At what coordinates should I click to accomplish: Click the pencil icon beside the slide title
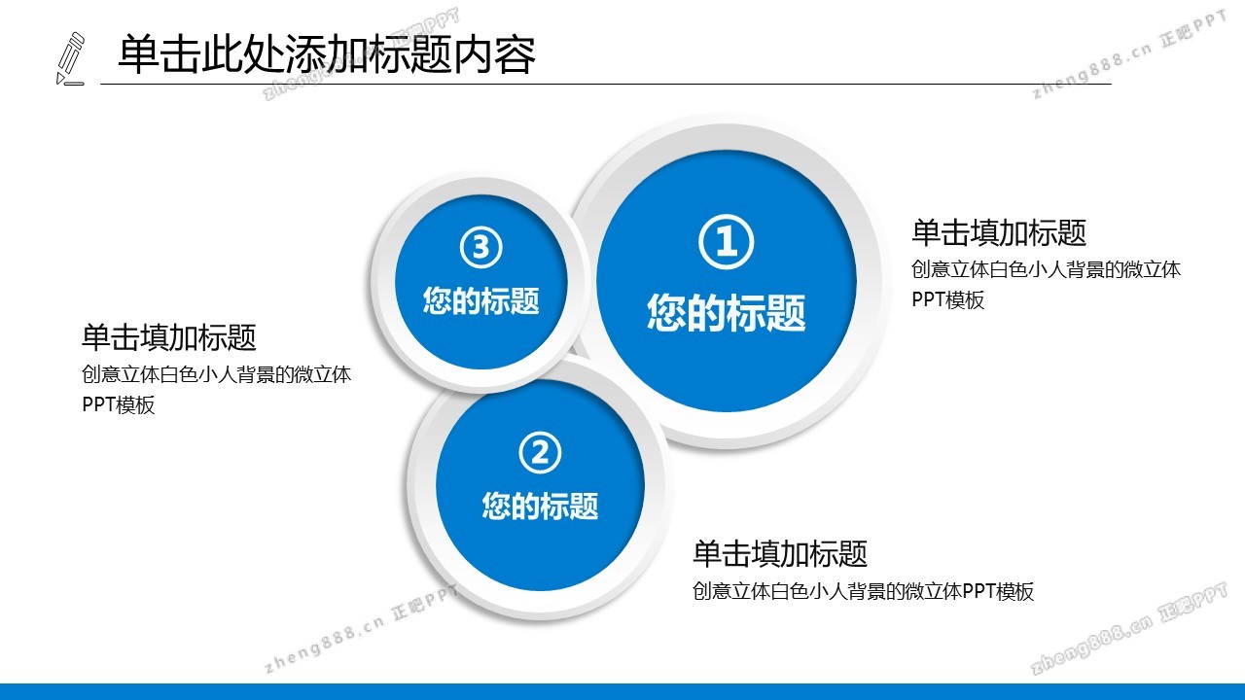click(x=71, y=59)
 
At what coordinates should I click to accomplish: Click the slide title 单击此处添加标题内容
click(x=327, y=54)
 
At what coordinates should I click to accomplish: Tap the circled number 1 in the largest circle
click(x=726, y=242)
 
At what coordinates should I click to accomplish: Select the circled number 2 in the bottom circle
click(x=540, y=453)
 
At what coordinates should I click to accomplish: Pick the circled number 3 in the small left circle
click(x=480, y=248)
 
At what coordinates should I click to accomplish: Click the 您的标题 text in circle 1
click(x=726, y=313)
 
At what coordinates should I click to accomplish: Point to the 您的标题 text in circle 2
click(x=540, y=506)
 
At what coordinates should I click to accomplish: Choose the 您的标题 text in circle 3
click(x=480, y=300)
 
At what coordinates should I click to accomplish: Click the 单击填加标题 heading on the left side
click(x=169, y=337)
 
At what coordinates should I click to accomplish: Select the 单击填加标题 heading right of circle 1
click(x=999, y=232)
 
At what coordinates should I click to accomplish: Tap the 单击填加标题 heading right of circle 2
click(x=780, y=553)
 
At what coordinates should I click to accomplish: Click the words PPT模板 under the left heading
click(x=119, y=405)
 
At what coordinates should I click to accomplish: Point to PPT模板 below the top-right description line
click(x=948, y=300)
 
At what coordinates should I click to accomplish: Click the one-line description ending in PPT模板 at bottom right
click(x=863, y=592)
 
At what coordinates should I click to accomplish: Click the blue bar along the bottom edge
click(x=622, y=691)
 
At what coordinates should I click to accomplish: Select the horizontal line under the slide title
click(x=606, y=85)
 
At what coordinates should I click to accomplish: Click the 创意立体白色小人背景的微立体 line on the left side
click(x=216, y=374)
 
